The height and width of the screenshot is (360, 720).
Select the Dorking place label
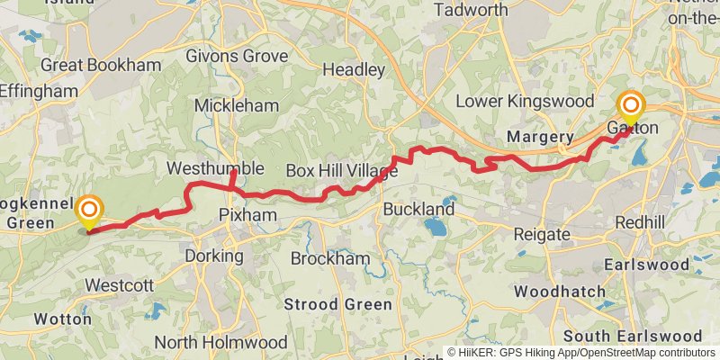pos(214,256)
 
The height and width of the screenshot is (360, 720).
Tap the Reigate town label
pos(542,235)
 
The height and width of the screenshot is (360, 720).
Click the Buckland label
pos(418,209)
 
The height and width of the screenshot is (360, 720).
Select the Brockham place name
pos(330,258)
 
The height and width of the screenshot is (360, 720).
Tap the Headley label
pos(354,70)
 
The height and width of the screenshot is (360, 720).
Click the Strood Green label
pos(338,304)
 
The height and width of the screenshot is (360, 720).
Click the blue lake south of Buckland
pos(436,228)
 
